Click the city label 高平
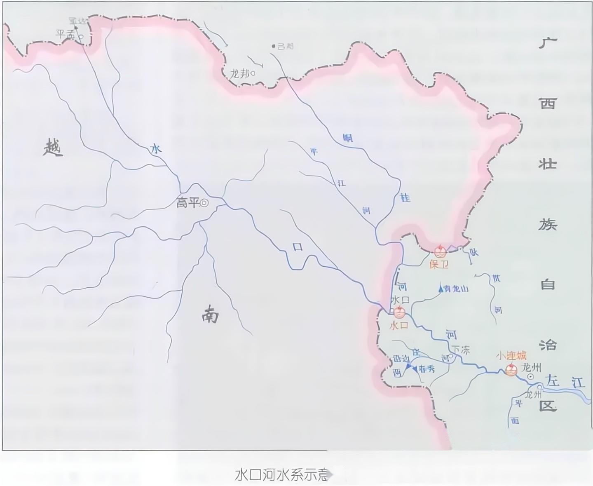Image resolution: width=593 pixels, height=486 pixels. (187, 203)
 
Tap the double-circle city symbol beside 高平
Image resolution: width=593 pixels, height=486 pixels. (204, 203)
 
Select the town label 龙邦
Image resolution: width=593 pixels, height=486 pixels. (240, 74)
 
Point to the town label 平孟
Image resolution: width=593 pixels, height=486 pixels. (66, 35)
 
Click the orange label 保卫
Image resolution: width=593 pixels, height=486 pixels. (438, 264)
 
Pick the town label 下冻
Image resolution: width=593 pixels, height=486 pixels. (461, 350)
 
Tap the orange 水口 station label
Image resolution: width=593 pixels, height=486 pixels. (398, 325)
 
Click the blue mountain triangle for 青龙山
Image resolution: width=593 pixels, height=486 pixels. (441, 289)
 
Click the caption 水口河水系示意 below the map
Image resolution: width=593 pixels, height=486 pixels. (282, 475)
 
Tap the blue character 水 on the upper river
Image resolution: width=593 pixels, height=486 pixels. (156, 149)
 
